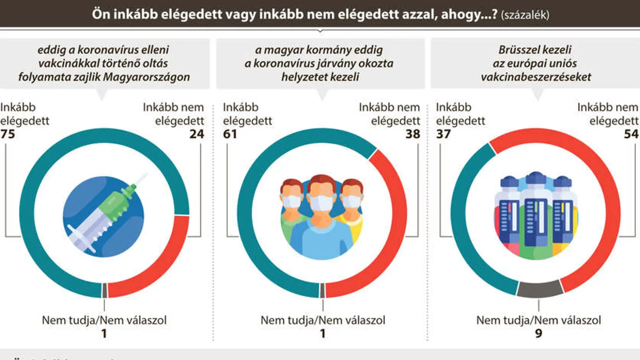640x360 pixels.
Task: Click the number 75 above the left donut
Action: click(x=8, y=134)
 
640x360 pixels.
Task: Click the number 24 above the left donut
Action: click(x=196, y=134)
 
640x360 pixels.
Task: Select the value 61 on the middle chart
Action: click(x=230, y=134)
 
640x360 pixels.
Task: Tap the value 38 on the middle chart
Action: click(x=412, y=134)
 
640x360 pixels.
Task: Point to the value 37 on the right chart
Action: click(x=443, y=134)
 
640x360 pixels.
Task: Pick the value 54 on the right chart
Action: click(x=630, y=134)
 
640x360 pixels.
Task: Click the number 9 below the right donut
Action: click(x=538, y=334)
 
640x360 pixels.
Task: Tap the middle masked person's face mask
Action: click(x=321, y=202)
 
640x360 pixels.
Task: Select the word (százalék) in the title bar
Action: click(x=525, y=15)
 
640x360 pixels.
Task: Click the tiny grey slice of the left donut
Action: click(x=105, y=290)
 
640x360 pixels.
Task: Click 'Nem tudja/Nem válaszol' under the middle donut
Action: click(x=323, y=320)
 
